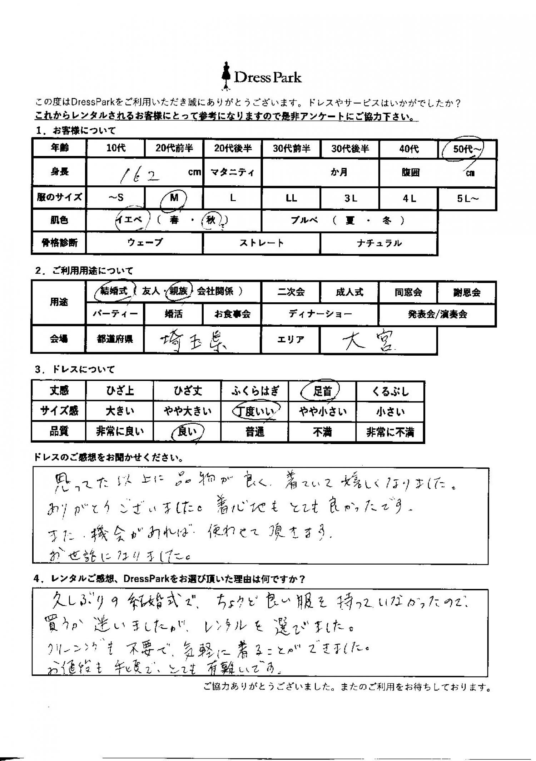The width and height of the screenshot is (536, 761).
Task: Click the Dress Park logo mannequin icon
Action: tap(225, 76)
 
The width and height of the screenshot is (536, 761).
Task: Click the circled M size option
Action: tap(174, 198)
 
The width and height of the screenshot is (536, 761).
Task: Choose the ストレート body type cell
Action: tap(261, 243)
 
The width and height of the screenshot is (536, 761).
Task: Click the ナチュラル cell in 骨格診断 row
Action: tap(379, 243)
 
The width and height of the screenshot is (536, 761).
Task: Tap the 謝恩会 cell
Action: tap(467, 292)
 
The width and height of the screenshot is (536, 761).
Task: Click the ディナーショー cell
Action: tap(320, 314)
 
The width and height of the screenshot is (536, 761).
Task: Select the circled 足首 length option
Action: tap(322, 391)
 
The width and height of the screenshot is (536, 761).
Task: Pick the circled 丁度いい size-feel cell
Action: tap(254, 412)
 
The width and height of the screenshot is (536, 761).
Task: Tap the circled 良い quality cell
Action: tap(187, 432)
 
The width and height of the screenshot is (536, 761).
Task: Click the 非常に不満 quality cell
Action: tap(390, 432)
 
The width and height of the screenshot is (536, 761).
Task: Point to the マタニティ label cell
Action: tap(232, 173)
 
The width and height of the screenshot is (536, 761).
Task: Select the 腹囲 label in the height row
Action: tap(410, 173)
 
